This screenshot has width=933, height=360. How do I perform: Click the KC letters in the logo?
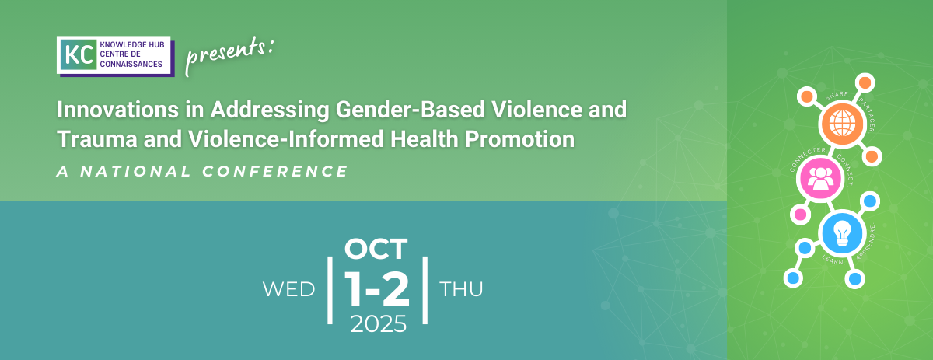[x=79, y=55]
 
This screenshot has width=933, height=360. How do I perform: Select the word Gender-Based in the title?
[x=411, y=110]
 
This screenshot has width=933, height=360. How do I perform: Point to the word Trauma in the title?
[x=97, y=138]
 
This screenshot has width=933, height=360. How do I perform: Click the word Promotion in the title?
[x=519, y=138]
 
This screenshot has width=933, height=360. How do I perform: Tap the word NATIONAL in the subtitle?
[x=135, y=171]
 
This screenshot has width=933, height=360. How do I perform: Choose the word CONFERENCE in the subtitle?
[x=275, y=171]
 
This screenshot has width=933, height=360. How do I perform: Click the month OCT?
[x=376, y=249]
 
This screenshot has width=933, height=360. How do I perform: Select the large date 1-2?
[x=377, y=288]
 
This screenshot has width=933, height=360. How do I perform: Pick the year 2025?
[x=378, y=323]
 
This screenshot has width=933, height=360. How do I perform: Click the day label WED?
[x=288, y=289]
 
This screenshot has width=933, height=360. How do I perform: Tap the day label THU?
[x=461, y=289]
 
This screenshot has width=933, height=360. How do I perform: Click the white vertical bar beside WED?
[x=330, y=290]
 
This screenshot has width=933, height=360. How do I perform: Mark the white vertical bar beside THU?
[x=425, y=290]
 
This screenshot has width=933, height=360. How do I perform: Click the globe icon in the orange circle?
[x=842, y=124]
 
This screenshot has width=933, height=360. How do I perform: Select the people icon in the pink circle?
[x=820, y=179]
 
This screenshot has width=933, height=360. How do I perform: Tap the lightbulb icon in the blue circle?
[x=842, y=233]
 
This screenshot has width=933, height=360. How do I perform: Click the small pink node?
[x=800, y=215]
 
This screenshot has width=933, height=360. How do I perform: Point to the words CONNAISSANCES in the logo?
[x=131, y=65]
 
